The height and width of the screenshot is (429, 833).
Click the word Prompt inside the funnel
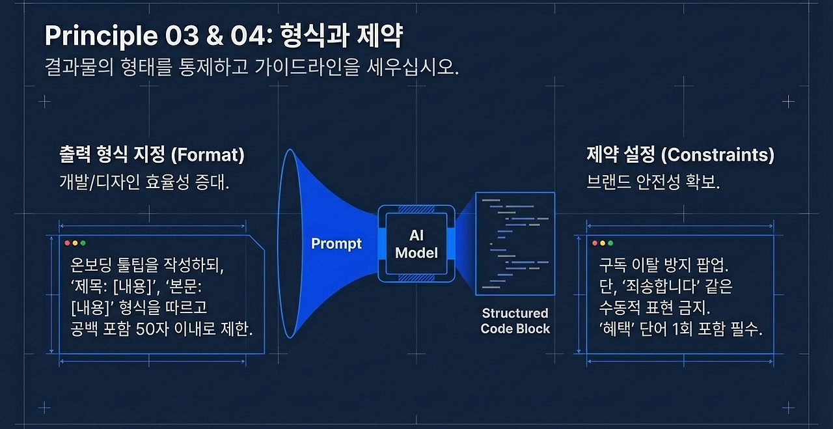(x=336, y=244)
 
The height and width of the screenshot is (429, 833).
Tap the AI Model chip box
(x=416, y=243)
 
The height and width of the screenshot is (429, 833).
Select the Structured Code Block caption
(x=515, y=321)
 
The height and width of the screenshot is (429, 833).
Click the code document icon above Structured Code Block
(x=515, y=243)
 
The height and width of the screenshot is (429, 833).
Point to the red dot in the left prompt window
(x=67, y=243)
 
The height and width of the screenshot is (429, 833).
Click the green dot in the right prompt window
(x=610, y=243)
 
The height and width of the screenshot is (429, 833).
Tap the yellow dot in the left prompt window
(x=75, y=243)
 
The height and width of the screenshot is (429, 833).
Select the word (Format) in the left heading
(x=208, y=155)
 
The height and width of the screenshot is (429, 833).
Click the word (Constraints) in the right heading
(x=718, y=155)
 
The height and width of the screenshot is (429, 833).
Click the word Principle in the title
(x=101, y=36)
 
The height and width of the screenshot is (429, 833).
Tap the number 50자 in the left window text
(x=152, y=329)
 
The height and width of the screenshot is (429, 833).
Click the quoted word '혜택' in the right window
(x=615, y=329)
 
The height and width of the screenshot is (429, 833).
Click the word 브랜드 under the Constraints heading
(x=608, y=182)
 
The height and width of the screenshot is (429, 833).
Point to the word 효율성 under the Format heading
(x=167, y=182)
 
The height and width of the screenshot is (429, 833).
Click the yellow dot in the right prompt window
(x=603, y=243)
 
